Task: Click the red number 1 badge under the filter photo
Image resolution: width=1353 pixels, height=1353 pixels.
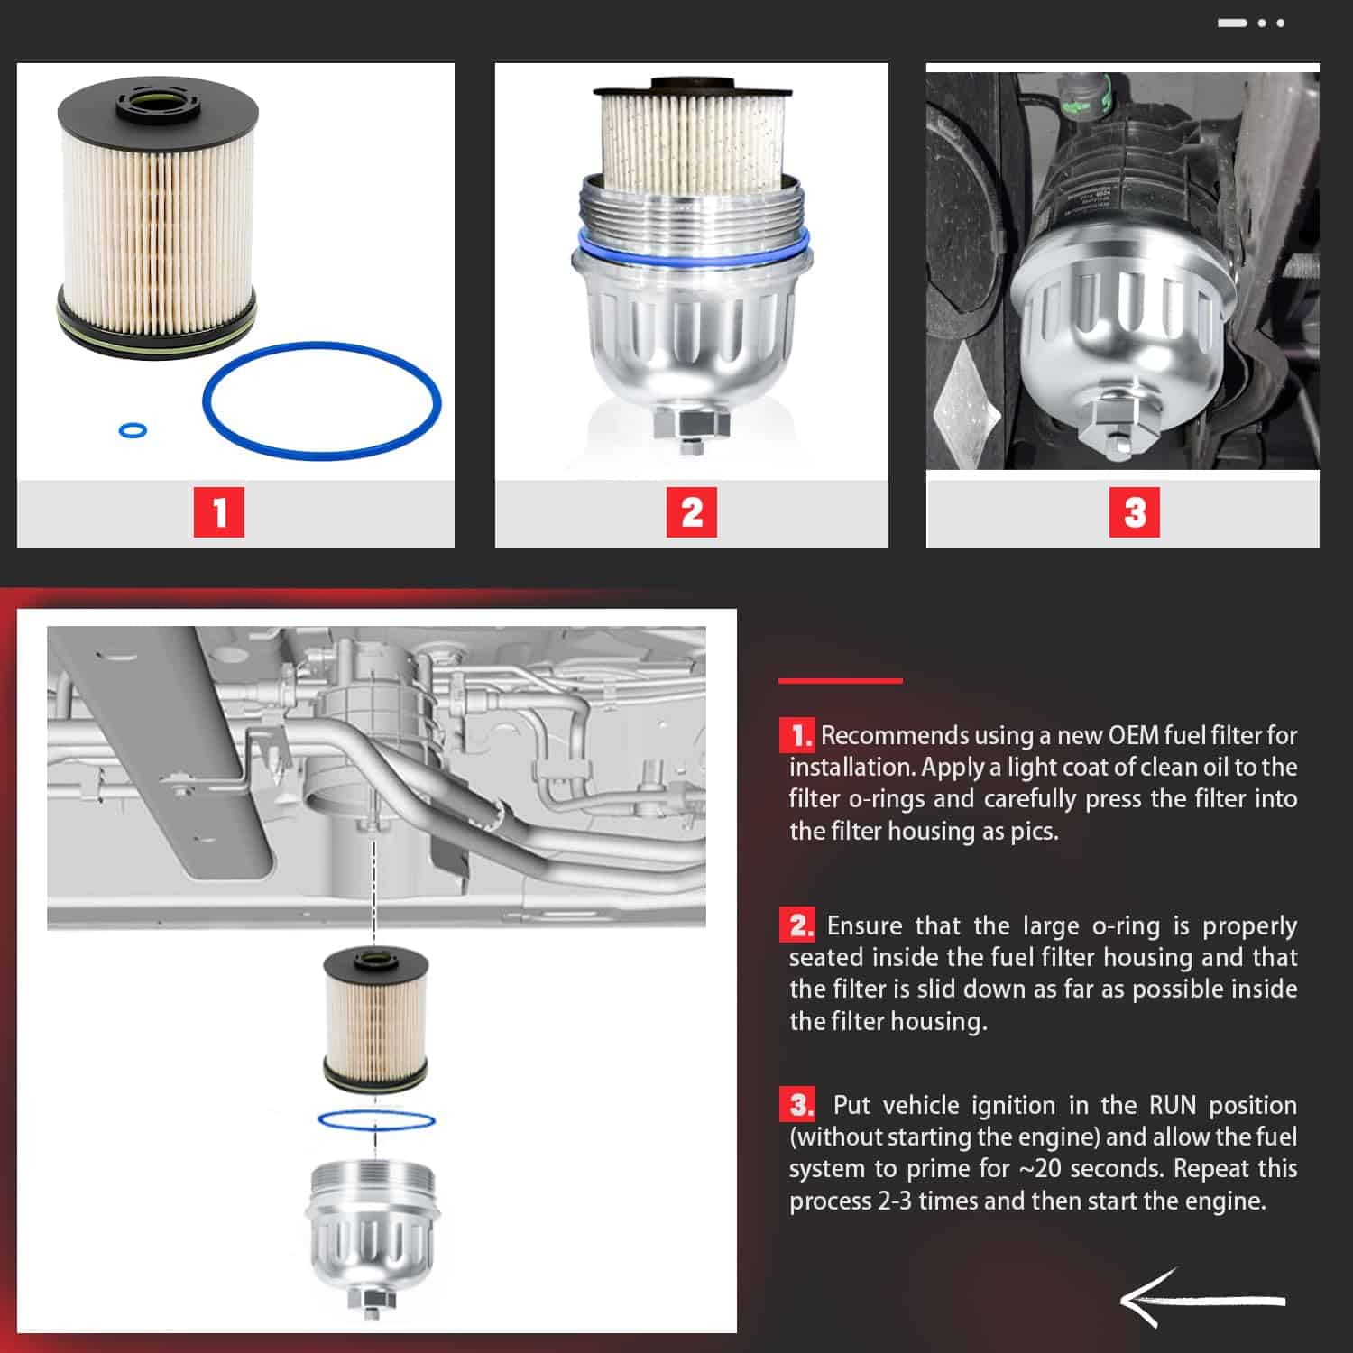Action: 219,512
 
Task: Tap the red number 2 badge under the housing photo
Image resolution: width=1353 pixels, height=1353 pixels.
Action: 692,512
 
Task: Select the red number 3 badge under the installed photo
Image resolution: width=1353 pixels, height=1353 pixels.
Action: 1135,512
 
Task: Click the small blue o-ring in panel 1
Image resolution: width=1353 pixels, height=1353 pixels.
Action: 133,429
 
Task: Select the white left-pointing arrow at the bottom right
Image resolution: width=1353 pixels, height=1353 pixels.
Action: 1203,1300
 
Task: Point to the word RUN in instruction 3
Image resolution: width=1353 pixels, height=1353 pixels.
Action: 1173,1105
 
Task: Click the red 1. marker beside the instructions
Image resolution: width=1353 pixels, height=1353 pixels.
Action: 797,735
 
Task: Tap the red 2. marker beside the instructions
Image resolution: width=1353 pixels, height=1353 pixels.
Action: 797,925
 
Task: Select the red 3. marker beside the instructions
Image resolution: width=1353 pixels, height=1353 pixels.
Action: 797,1105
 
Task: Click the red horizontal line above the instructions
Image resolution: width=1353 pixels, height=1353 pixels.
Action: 841,680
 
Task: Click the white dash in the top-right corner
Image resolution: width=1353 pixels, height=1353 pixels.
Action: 1232,23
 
